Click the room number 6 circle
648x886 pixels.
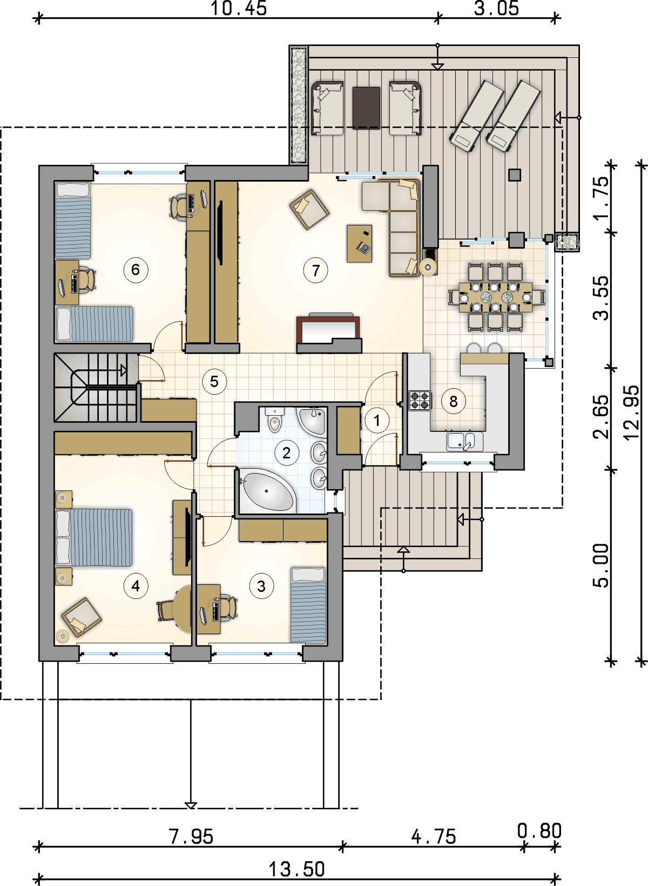click(136, 270)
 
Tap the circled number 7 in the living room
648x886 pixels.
click(315, 270)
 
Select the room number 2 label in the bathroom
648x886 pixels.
click(286, 452)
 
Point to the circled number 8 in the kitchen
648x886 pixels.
click(453, 402)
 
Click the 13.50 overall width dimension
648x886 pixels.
click(296, 869)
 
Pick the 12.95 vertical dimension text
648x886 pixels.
click(632, 412)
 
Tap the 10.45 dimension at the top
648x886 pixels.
click(239, 8)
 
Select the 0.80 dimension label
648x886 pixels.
click(539, 831)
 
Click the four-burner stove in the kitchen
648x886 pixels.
click(420, 400)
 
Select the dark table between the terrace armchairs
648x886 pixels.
click(366, 108)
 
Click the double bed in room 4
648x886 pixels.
click(94, 537)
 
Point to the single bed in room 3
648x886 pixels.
click(308, 605)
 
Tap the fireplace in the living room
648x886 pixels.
click(329, 334)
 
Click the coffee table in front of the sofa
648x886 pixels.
click(360, 244)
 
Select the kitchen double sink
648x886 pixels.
click(464, 442)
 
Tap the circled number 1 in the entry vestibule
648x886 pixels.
click(376, 421)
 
